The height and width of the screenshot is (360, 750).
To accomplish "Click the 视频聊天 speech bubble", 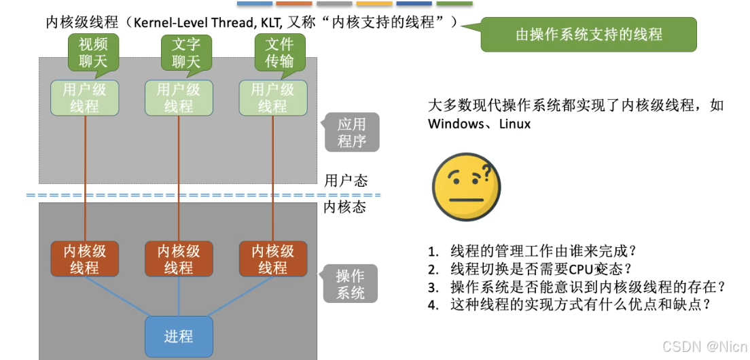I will coord(93,53).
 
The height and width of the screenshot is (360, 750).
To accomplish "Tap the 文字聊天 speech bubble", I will coord(185,53).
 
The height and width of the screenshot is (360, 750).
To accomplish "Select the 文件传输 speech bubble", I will coord(279,53).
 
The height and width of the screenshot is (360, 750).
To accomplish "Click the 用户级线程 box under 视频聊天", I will coord(84,98).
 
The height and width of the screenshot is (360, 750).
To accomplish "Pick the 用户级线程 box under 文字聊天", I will coord(179,98).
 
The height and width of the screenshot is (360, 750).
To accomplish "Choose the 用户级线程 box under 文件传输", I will coord(272,98).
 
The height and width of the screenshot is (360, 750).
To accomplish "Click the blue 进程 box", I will coord(179,336).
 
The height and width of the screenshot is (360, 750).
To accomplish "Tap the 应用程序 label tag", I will coord(351,132).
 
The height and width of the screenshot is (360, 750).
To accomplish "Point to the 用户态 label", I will coord(346,181).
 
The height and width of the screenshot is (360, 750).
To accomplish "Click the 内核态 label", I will coord(346,206).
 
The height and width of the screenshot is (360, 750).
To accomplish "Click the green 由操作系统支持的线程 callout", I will coord(588,34).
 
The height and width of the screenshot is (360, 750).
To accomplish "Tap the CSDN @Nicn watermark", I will coord(703,346).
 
